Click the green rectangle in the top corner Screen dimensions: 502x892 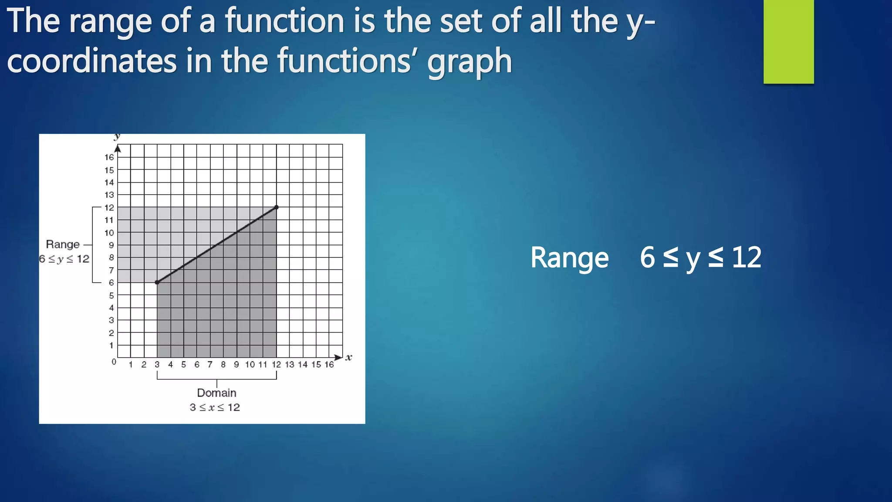coord(788,41)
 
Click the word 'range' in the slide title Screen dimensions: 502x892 coord(110,22)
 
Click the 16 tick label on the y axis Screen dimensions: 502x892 coord(109,157)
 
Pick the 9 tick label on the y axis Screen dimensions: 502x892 coord(111,245)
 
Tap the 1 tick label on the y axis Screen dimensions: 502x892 coord(111,346)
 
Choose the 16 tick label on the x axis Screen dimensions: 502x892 coord(329,364)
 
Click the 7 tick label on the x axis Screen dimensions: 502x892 coord(210,364)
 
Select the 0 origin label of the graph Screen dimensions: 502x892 coord(114,362)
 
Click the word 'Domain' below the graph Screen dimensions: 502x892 coord(216,393)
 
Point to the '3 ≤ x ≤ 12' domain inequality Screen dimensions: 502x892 coord(215,407)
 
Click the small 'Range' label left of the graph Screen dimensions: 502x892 coord(63,244)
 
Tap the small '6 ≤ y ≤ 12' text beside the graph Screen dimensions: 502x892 coord(64,259)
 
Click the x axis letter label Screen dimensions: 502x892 coord(348,357)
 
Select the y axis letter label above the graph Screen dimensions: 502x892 coord(117,137)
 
